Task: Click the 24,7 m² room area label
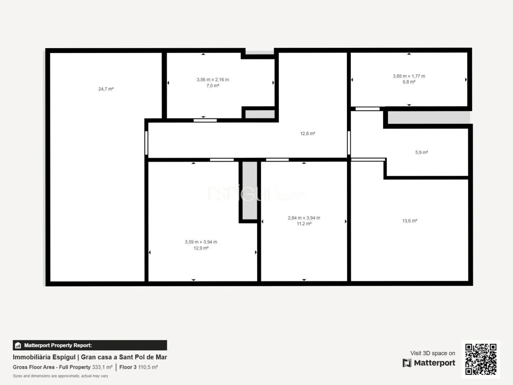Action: [x=106, y=89]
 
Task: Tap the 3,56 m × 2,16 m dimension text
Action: [x=213, y=80]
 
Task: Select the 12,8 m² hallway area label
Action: [x=307, y=134]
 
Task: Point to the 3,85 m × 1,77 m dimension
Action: [x=409, y=76]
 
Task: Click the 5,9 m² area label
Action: [x=421, y=152]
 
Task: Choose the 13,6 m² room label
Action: [x=410, y=221]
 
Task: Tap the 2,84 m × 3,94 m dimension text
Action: [x=304, y=218]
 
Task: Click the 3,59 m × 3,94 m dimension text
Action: [x=201, y=242]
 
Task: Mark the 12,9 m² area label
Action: [x=201, y=248]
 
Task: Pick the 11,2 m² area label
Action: [x=304, y=224]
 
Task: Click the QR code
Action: [x=481, y=359]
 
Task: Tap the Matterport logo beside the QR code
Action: [x=429, y=363]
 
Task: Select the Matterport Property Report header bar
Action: [x=90, y=345]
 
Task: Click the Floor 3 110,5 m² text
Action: [x=139, y=367]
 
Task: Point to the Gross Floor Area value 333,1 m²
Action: [x=102, y=367]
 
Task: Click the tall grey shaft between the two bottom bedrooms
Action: [x=249, y=190]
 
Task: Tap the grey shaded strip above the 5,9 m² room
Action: [x=429, y=117]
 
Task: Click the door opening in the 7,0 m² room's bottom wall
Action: [x=205, y=120]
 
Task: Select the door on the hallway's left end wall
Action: [x=146, y=143]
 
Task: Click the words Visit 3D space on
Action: [x=432, y=353]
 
